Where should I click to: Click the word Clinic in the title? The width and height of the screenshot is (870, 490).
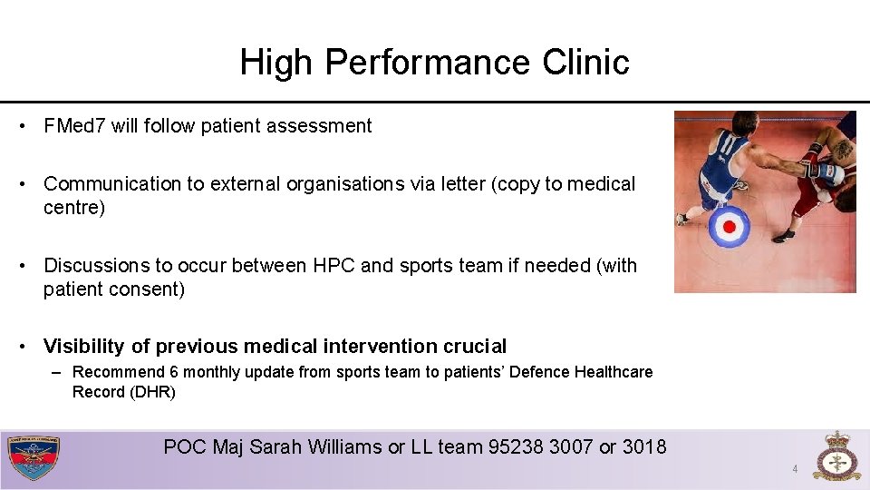coord(585,63)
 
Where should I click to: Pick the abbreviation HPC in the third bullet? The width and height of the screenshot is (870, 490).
coord(333,266)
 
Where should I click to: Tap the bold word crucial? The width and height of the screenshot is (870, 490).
coord(475,347)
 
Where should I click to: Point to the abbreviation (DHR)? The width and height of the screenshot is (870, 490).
coord(152,392)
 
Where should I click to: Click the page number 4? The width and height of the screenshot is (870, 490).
coord(795,469)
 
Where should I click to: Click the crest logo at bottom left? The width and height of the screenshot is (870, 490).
coord(34,458)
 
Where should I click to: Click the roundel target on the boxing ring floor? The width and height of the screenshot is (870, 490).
coord(728,227)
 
